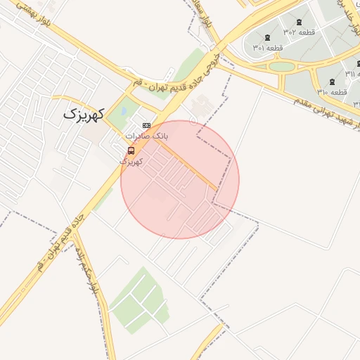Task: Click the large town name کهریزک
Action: (x=84, y=114)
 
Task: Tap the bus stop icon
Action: (x=131, y=151)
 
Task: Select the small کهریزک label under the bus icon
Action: (x=131, y=162)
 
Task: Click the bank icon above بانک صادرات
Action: (x=146, y=125)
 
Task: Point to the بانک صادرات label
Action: (x=147, y=135)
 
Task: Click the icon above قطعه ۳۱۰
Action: (x=332, y=82)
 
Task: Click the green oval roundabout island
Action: (x=282, y=66)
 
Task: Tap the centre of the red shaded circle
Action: (x=180, y=179)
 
